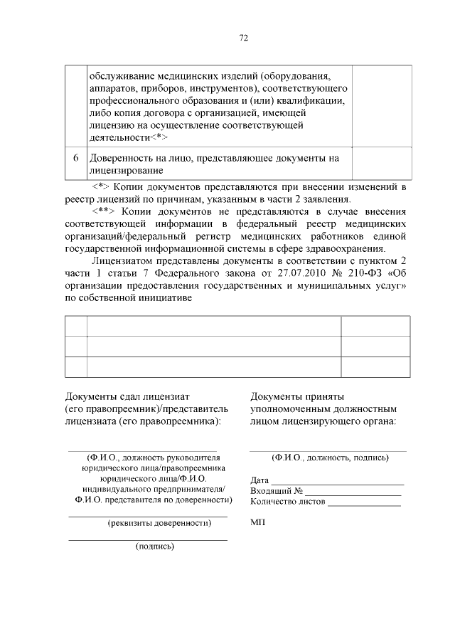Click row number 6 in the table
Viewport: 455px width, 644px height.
(x=75, y=157)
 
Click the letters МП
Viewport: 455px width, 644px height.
(x=257, y=522)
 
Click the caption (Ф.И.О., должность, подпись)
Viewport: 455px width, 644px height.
(x=330, y=458)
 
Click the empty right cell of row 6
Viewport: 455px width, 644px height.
(x=382, y=163)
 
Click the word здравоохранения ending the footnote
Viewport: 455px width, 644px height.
(x=347, y=248)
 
